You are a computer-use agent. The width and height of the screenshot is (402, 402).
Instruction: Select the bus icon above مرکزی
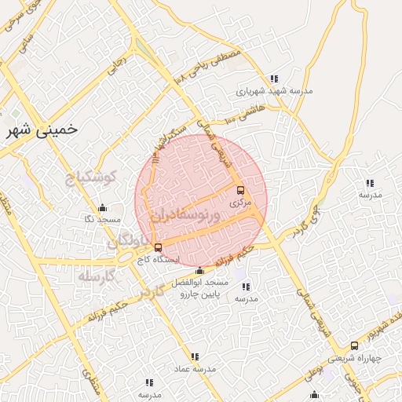tap(240, 190)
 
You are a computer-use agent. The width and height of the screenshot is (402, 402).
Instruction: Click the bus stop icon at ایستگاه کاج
tap(159, 248)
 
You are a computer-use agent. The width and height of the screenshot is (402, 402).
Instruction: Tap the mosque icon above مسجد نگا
tap(102, 208)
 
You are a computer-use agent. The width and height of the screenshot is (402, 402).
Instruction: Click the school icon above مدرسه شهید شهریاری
tap(273, 79)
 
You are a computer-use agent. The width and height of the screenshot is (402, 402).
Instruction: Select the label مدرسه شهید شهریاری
tap(275, 90)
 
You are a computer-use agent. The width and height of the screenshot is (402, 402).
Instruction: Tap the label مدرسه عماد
tap(195, 367)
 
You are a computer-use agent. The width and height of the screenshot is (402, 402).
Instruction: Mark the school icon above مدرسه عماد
tap(195, 356)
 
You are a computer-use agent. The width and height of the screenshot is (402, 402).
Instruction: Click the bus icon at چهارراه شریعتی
tap(354, 345)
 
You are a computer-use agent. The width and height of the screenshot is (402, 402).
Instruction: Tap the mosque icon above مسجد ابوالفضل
tap(199, 271)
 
